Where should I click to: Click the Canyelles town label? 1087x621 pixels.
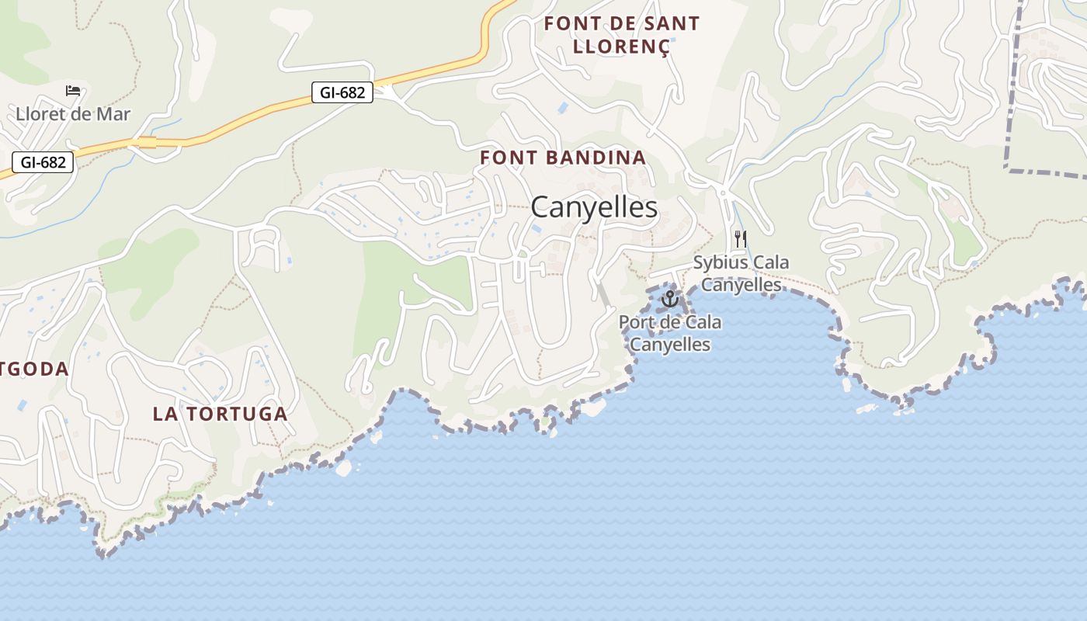(594, 208)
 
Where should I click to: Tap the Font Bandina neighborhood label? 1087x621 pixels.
(563, 158)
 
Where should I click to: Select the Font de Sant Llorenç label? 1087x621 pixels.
(621, 35)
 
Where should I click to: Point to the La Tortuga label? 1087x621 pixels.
(221, 414)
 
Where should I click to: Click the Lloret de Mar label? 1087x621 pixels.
(73, 114)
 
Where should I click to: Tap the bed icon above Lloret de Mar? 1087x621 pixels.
(73, 91)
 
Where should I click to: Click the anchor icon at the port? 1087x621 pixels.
(669, 298)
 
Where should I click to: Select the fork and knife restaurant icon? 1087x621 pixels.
(740, 238)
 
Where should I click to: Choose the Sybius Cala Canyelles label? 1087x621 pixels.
(741, 273)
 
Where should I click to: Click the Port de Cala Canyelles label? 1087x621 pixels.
(670, 332)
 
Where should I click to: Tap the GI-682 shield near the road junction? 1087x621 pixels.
(342, 92)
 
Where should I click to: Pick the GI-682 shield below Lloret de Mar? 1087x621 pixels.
(43, 162)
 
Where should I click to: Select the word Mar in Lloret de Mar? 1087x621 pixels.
(112, 114)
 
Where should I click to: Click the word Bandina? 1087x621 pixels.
(597, 158)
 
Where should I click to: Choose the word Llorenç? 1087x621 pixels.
(621, 47)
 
